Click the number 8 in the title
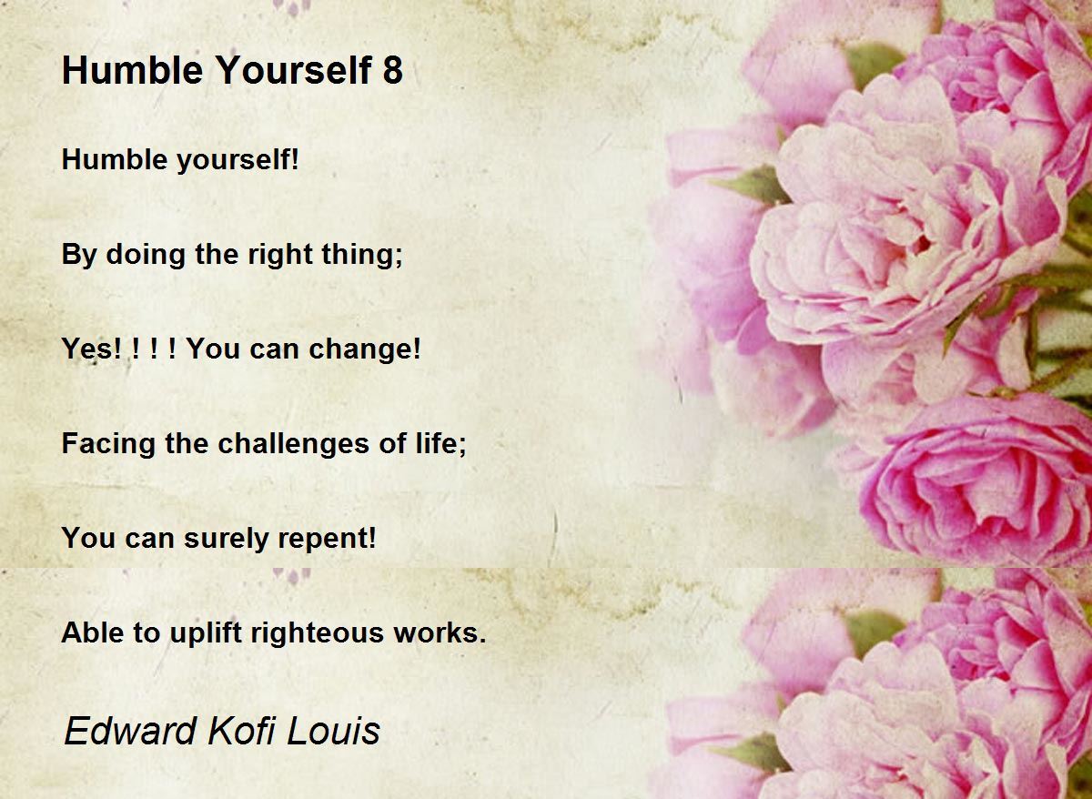coord(392,70)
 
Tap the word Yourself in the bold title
coord(293,70)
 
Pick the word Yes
coord(86,349)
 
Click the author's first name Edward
coord(130,731)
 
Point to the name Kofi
coord(241,731)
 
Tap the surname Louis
coord(333,731)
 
